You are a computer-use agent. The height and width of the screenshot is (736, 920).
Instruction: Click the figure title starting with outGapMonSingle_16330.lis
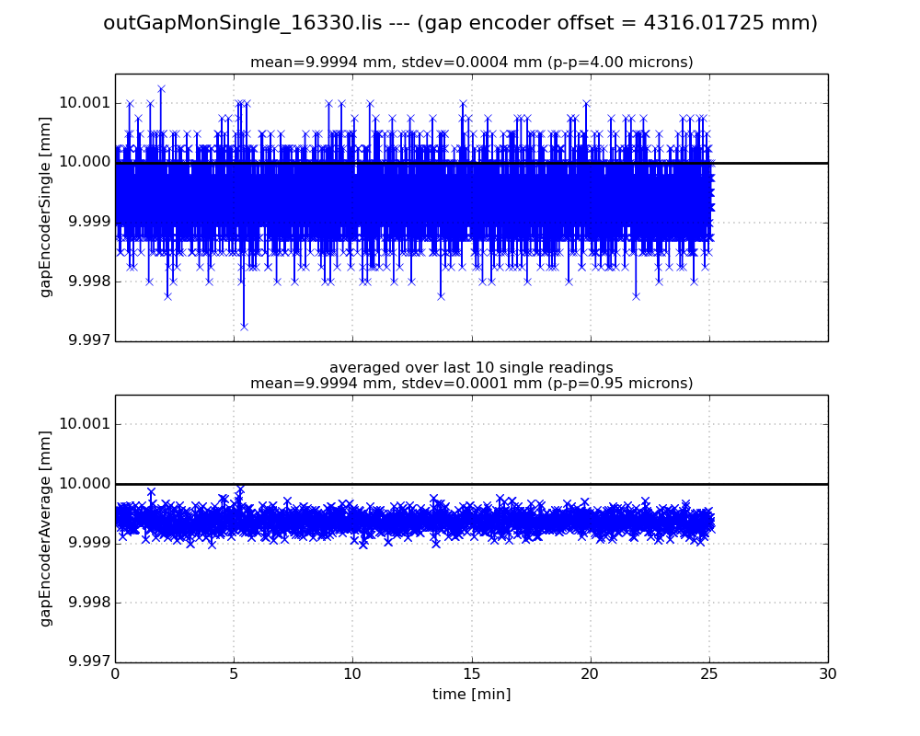click(x=460, y=23)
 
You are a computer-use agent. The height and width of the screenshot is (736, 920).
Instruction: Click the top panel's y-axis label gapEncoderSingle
click(x=45, y=208)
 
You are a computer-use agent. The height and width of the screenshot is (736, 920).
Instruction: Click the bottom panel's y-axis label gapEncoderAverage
click(x=45, y=529)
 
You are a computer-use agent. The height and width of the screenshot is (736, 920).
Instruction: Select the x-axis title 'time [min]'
click(x=471, y=695)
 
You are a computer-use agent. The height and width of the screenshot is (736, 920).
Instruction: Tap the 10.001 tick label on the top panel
click(x=84, y=103)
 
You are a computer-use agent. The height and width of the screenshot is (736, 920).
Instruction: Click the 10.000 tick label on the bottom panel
click(x=84, y=484)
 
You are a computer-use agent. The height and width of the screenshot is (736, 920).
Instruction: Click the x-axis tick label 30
click(x=828, y=674)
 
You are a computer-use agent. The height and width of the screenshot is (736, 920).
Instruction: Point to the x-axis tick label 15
click(x=471, y=674)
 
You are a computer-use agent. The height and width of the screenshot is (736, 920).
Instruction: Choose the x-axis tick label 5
click(x=234, y=674)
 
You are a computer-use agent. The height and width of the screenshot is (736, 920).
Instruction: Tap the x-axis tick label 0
click(x=115, y=674)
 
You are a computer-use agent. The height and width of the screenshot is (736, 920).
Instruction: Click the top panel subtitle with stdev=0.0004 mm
click(x=471, y=63)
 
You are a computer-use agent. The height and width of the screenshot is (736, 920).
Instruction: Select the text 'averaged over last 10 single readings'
click(x=471, y=368)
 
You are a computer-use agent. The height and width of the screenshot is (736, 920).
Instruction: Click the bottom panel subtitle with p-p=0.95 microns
click(x=471, y=384)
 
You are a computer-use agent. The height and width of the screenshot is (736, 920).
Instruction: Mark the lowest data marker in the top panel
click(x=244, y=326)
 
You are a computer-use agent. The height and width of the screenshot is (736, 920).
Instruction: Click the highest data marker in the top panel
click(x=161, y=89)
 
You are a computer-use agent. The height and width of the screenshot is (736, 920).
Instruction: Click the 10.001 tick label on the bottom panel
click(x=84, y=424)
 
